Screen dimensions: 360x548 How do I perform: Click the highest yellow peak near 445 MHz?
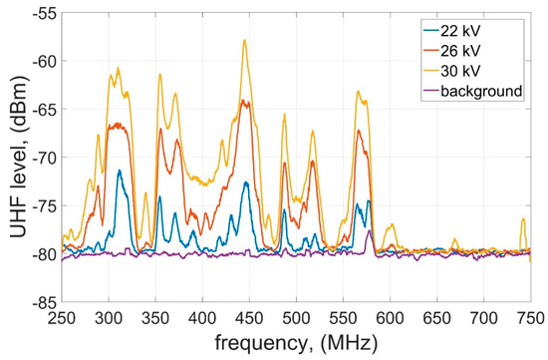tap(244, 41)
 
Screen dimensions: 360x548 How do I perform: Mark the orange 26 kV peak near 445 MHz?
tap(244, 101)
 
